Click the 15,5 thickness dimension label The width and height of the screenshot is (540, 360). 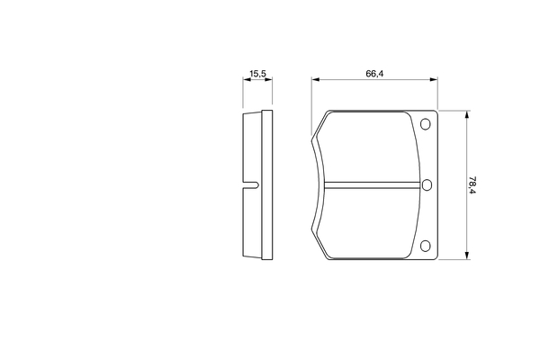point(257,74)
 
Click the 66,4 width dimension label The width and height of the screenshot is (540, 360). point(374,74)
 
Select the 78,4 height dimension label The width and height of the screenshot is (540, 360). point(472,185)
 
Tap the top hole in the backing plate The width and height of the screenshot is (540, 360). point(426,124)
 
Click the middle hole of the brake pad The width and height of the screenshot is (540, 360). point(427,185)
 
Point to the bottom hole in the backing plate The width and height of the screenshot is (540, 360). point(426,246)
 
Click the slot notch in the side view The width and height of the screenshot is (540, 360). point(251,185)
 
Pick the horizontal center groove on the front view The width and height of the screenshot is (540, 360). point(373,185)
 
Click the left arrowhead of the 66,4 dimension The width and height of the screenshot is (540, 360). point(316,79)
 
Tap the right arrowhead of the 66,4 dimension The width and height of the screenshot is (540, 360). point(434,79)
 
